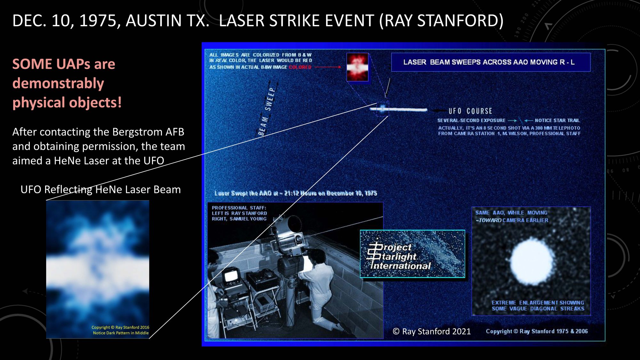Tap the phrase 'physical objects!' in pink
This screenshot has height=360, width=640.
(67, 103)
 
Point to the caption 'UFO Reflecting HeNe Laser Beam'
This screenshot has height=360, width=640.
(100, 189)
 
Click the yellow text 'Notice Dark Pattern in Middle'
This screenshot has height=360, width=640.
(121, 333)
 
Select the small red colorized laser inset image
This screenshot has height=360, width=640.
(357, 67)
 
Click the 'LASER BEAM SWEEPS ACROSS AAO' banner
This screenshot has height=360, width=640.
(491, 62)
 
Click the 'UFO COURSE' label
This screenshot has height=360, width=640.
(470, 111)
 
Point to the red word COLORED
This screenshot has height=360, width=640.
(300, 67)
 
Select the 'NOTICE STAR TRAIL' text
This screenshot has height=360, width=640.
(557, 121)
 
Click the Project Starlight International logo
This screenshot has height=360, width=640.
(412, 254)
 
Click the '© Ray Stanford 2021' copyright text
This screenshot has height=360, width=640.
(432, 332)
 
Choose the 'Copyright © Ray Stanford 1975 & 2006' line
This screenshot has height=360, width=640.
(537, 332)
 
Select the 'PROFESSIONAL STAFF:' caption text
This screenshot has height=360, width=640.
(239, 208)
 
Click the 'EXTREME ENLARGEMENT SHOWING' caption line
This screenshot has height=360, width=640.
(538, 303)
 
